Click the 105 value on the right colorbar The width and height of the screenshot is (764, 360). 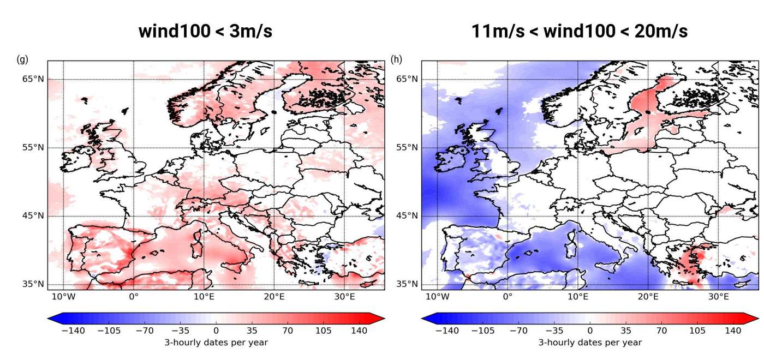[697, 331]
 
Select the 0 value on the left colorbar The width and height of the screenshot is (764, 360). [216, 331]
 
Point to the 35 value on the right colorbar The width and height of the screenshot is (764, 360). [626, 331]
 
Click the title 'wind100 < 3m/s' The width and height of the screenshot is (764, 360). [205, 31]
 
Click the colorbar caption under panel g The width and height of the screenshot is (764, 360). [216, 343]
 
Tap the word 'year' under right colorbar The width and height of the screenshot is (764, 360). [631, 343]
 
